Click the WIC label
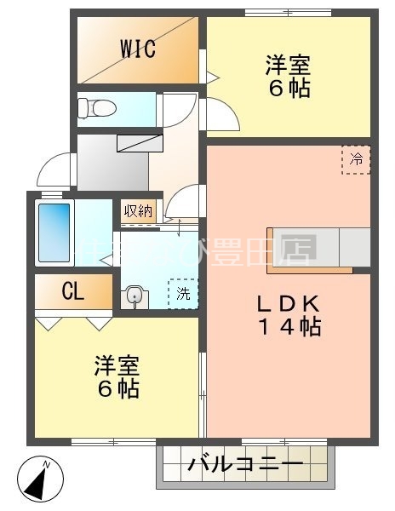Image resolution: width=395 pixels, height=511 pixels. point(137,49)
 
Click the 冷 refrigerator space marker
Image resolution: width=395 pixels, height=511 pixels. point(357,158)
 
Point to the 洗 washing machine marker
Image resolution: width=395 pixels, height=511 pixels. point(183,294)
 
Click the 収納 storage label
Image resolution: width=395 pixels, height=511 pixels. point(139,210)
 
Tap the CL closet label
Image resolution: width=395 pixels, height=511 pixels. point(73,292)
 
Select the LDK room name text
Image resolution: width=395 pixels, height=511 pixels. point(289,303)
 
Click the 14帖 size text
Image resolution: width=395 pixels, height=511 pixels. point(289,326)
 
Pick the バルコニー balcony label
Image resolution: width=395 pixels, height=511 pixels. point(245,465)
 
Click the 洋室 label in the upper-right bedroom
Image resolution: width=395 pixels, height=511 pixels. point(288,64)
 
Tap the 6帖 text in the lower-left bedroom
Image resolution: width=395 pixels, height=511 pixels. point(117,389)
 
